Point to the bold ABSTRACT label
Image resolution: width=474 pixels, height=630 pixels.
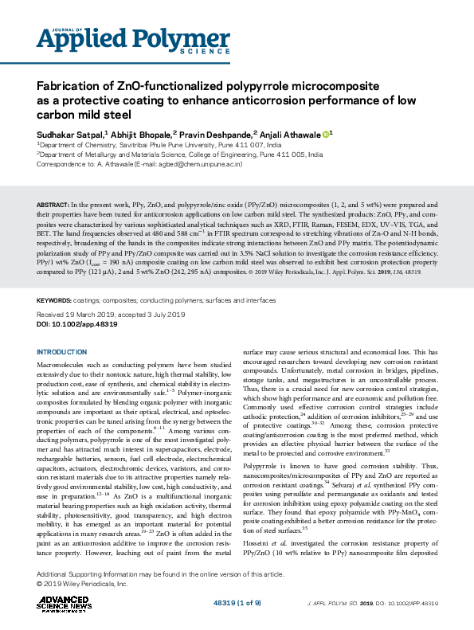tap(54, 205)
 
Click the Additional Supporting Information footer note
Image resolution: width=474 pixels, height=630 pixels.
tap(159, 574)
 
